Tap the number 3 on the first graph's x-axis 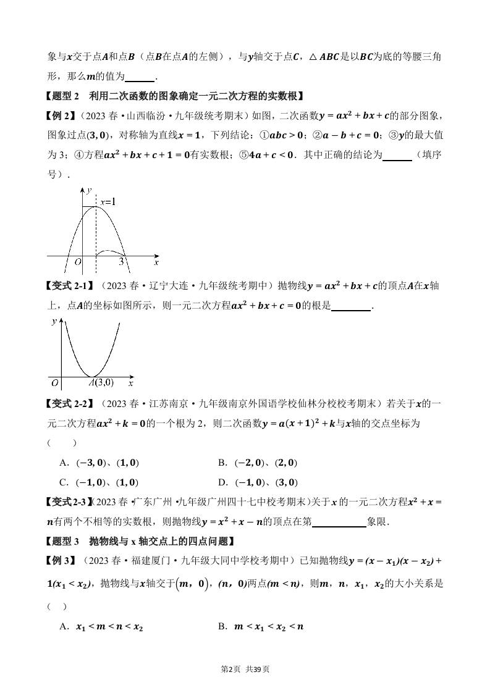(122, 262)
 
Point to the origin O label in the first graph (78, 262)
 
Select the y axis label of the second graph (54, 322)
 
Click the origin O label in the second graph (54, 383)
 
